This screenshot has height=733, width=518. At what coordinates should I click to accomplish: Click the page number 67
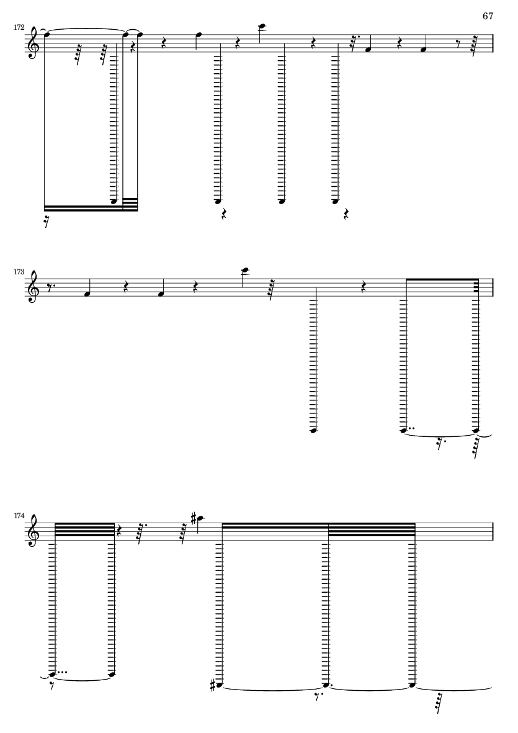pyautogui.click(x=488, y=16)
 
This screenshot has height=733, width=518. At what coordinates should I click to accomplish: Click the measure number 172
pyautogui.click(x=19, y=27)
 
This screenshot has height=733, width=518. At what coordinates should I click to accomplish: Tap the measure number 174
pyautogui.click(x=19, y=516)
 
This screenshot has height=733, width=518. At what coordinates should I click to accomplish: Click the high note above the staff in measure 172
pyautogui.click(x=262, y=26)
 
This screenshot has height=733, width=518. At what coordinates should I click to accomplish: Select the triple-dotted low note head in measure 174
pyautogui.click(x=52, y=673)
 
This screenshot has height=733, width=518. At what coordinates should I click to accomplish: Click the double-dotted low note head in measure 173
pyautogui.click(x=404, y=430)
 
